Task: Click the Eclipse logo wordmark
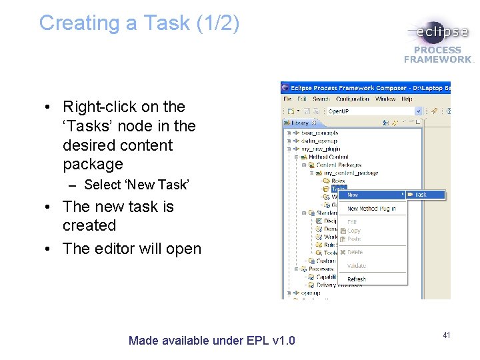tap(442, 33)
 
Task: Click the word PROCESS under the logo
tap(437, 50)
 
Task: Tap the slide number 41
tap(446, 335)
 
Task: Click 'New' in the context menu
tap(353, 195)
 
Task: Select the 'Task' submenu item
tap(421, 195)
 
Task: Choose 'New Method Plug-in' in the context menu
tap(371, 209)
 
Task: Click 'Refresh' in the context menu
tap(357, 279)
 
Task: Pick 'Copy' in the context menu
tap(354, 231)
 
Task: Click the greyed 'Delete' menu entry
tap(355, 252)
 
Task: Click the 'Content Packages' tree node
tap(339, 165)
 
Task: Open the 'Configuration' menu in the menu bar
tap(353, 99)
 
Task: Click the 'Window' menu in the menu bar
tap(385, 99)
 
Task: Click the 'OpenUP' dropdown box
tap(373, 111)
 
